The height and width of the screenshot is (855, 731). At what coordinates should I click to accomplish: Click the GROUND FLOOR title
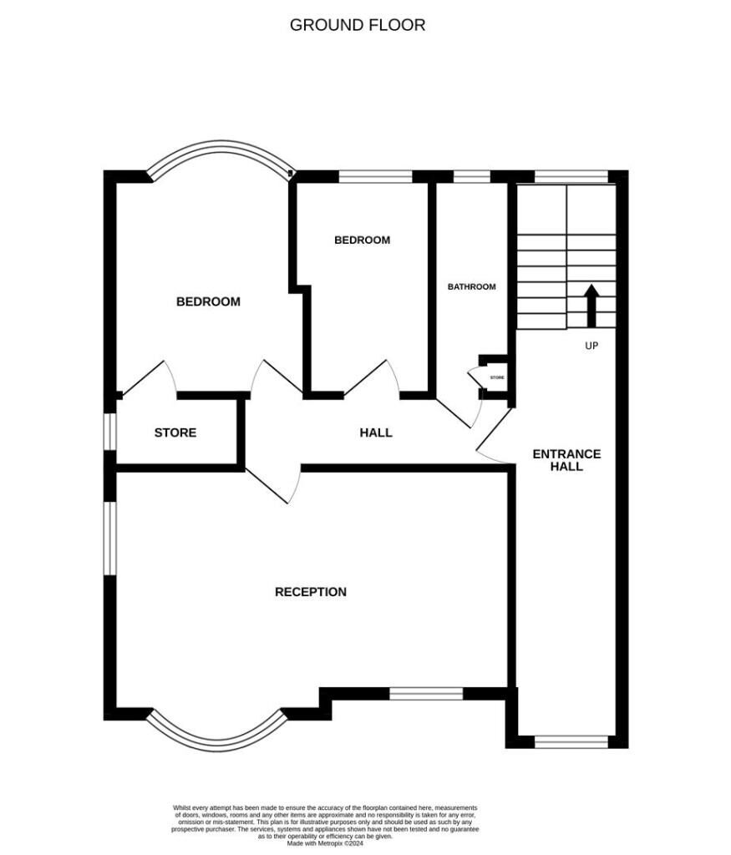pos(357,25)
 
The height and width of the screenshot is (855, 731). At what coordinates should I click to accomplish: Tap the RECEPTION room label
pos(311,592)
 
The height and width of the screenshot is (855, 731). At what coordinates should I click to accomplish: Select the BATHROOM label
pos(471,286)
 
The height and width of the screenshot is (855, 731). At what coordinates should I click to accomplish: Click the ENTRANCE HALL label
pos(566,460)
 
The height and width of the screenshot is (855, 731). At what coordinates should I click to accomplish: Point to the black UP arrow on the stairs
pos(591,306)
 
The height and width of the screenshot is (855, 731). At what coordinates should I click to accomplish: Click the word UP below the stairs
pos(591,346)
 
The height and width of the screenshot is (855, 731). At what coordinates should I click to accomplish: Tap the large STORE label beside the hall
pos(175,433)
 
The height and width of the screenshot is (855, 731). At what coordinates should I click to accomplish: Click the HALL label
pos(376,433)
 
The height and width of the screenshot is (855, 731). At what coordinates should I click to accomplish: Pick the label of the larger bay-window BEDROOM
pos(208,301)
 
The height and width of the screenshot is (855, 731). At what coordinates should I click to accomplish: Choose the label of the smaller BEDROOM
pos(362,240)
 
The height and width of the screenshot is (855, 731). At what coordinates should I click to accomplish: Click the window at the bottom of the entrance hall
pos(571,741)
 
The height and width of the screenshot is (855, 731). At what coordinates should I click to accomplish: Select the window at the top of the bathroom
pos(471,176)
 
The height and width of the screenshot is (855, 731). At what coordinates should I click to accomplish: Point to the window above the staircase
pos(571,176)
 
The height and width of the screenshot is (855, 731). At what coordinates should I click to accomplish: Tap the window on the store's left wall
pos(109,433)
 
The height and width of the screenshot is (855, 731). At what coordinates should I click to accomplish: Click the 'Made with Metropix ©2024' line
pos(325,843)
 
